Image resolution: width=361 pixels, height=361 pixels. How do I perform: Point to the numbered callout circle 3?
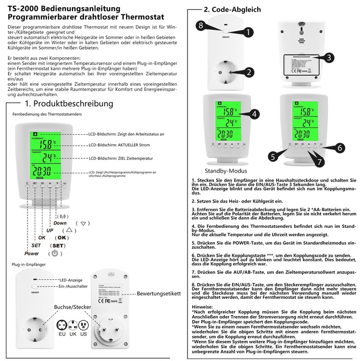click(330, 57)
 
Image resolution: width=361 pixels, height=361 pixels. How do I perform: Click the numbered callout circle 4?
click(255, 114)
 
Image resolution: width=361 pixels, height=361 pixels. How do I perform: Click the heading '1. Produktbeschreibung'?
click(69, 104)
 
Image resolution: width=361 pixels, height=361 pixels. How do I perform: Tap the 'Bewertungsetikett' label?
click(159, 293)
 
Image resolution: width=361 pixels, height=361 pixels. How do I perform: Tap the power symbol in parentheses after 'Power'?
click(55, 253)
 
